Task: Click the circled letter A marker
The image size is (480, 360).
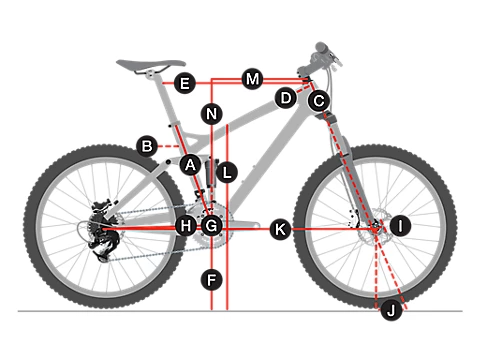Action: pyautogui.click(x=190, y=165)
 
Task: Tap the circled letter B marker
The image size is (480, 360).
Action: pyautogui.click(x=147, y=146)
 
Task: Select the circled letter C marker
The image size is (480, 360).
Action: pyautogui.click(x=319, y=100)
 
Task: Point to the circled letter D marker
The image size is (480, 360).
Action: pyautogui.click(x=286, y=98)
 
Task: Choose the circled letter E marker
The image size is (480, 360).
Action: pyautogui.click(x=185, y=83)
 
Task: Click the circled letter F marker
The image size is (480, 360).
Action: pyautogui.click(x=212, y=280)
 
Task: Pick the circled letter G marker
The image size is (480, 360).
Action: pyautogui.click(x=212, y=226)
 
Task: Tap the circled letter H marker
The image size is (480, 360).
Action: pyautogui.click(x=186, y=226)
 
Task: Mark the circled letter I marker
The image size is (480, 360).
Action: pyautogui.click(x=400, y=226)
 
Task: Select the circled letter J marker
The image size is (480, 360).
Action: pyautogui.click(x=391, y=310)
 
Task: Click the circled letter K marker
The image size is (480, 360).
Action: pyautogui.click(x=280, y=229)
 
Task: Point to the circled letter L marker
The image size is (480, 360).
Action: pyautogui.click(x=227, y=172)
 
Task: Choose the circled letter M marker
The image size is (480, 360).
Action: pyautogui.click(x=252, y=79)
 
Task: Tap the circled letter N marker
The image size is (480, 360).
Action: pyautogui.click(x=212, y=114)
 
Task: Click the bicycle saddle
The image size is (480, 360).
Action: pyautogui.click(x=151, y=65)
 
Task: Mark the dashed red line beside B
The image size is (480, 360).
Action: pyautogui.click(x=169, y=146)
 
